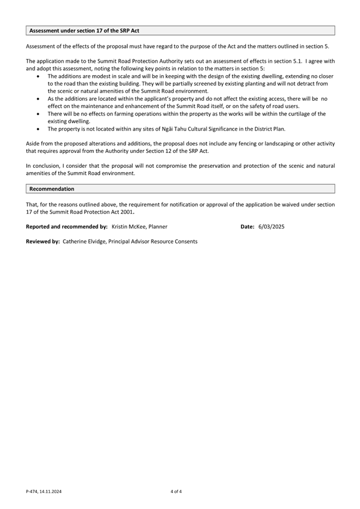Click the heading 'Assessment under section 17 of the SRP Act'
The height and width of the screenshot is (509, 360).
point(84,31)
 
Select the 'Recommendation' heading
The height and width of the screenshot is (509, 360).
point(52,189)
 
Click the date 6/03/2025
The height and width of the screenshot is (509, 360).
point(271,227)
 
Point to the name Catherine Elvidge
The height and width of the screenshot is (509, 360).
point(84,241)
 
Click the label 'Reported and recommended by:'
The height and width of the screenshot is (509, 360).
point(67,227)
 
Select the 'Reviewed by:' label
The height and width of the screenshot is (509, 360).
point(43,241)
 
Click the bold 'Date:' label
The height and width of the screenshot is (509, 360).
point(247,227)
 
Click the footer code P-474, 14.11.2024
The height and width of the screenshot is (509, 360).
point(46,491)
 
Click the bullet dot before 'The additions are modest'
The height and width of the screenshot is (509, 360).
point(37,77)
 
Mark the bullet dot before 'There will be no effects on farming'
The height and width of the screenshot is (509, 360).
point(37,114)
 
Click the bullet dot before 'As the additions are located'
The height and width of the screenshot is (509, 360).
point(37,99)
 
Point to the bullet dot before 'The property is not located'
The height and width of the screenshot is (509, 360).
point(37,129)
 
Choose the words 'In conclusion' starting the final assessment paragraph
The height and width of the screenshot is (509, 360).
point(42,166)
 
